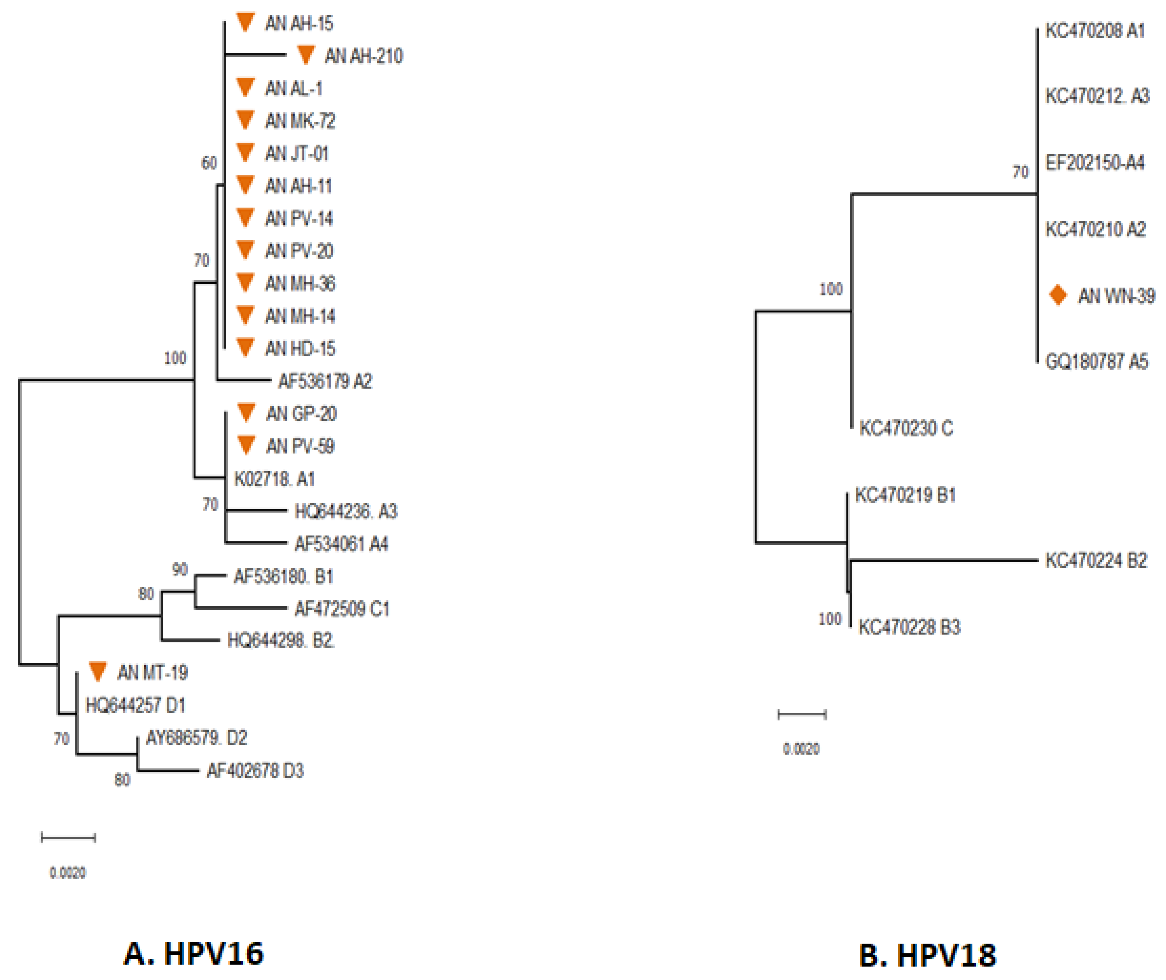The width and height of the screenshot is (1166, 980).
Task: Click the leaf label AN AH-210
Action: coord(363,56)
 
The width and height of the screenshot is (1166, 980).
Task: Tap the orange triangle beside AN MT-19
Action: coord(98,671)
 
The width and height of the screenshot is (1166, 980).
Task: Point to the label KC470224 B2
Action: coord(1096,561)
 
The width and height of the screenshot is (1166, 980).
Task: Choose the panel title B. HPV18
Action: coord(927,956)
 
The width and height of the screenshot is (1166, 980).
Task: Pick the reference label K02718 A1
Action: coord(274,479)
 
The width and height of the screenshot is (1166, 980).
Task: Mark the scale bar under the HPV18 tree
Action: coord(802,714)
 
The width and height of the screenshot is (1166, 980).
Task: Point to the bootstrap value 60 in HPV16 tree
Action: coord(209,163)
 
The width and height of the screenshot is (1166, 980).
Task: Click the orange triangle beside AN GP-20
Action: coord(246,412)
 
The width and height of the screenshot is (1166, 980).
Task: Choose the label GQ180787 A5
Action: coord(1096,362)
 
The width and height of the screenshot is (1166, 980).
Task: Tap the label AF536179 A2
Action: coord(325,381)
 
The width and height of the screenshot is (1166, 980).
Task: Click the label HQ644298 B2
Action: coord(281,641)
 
